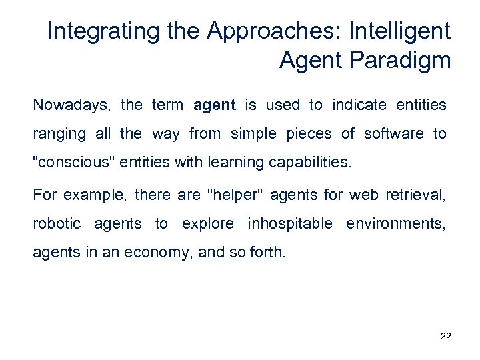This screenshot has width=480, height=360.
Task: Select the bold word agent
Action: (x=214, y=105)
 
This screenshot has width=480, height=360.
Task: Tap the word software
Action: (x=393, y=133)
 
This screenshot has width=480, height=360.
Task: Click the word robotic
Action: (x=57, y=223)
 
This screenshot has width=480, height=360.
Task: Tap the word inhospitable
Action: (x=290, y=223)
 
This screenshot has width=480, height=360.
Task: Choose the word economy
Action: (x=158, y=252)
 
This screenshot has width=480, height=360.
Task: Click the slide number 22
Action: (x=446, y=337)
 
